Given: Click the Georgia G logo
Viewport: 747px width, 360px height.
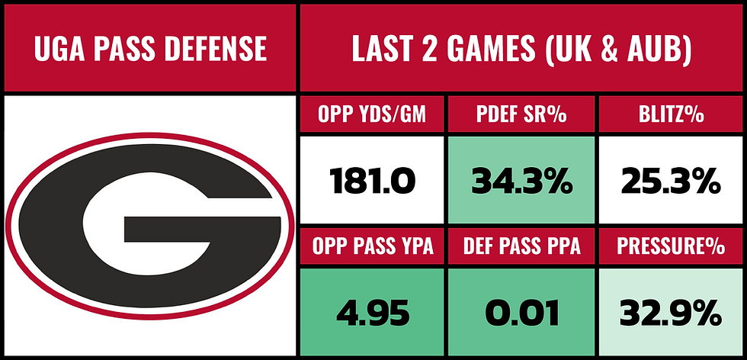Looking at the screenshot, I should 149,227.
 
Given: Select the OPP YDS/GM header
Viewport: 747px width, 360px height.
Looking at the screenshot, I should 372,115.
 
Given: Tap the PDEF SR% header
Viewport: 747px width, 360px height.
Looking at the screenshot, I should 522,115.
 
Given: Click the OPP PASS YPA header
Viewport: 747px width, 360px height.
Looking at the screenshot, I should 372,246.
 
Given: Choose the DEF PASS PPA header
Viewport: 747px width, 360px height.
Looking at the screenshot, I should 522,246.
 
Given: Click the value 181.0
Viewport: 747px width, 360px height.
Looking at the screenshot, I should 372,181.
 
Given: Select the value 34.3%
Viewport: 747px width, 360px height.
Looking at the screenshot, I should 522,181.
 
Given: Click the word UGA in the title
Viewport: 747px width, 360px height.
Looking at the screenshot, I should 62,49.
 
